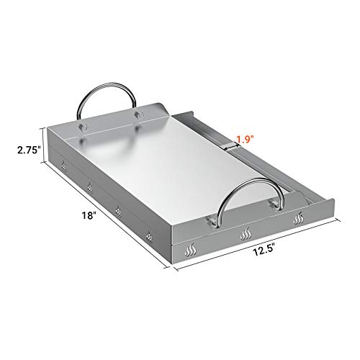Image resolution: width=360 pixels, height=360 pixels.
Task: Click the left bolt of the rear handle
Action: [85, 127]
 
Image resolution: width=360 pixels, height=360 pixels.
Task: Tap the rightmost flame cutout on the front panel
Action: [297, 217]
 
